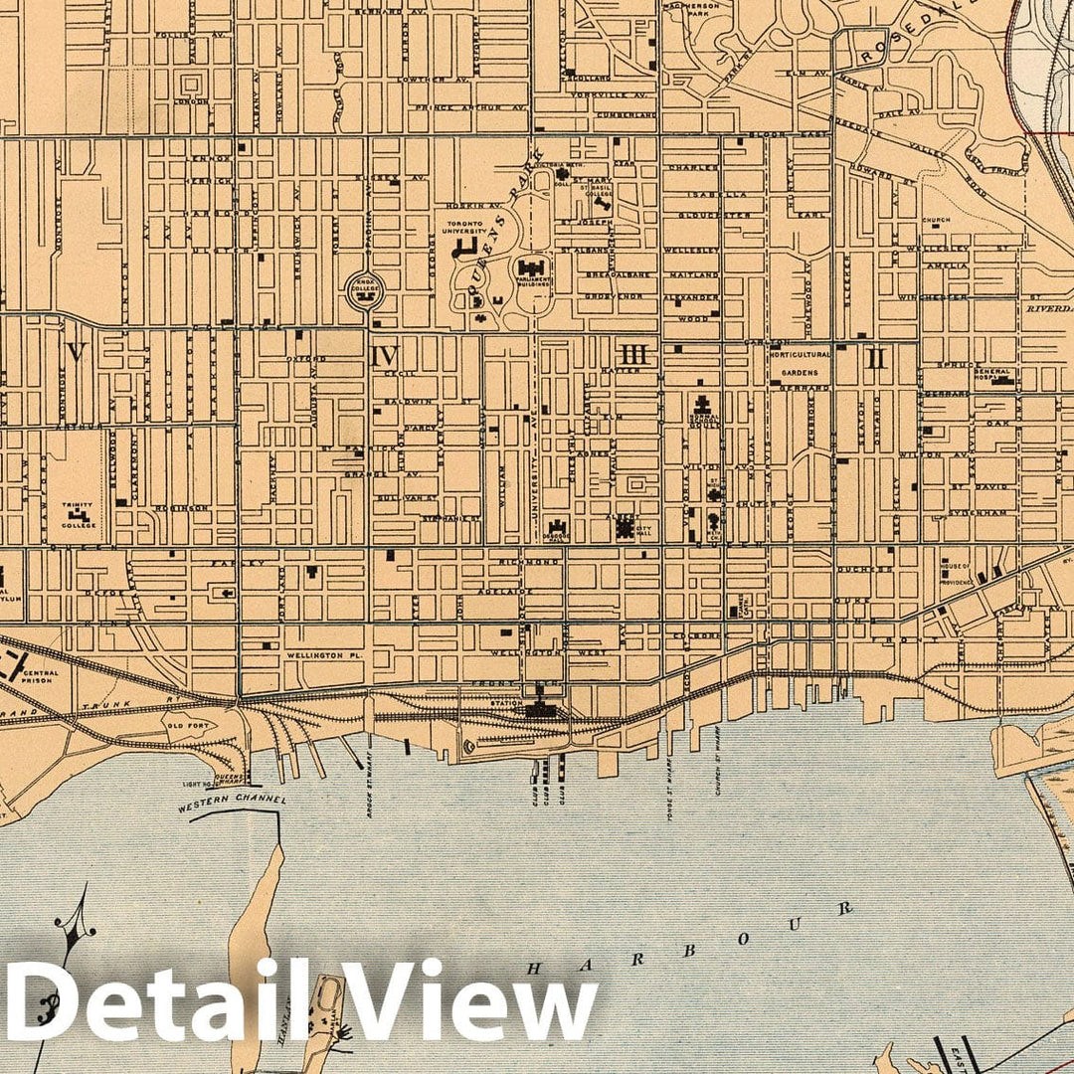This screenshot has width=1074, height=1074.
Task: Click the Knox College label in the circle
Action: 361,291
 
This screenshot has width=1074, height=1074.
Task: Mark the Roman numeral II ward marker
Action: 875,358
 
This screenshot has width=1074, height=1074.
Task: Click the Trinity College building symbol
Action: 79,517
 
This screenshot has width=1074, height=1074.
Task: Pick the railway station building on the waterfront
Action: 541,708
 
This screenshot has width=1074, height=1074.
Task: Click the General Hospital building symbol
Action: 996,379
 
